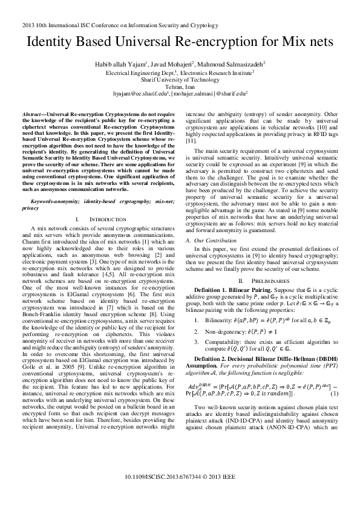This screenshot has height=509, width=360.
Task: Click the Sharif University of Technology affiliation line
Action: pyautogui.click(x=180, y=79)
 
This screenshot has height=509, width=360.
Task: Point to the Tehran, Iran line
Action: pyautogui.click(x=180, y=86)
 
